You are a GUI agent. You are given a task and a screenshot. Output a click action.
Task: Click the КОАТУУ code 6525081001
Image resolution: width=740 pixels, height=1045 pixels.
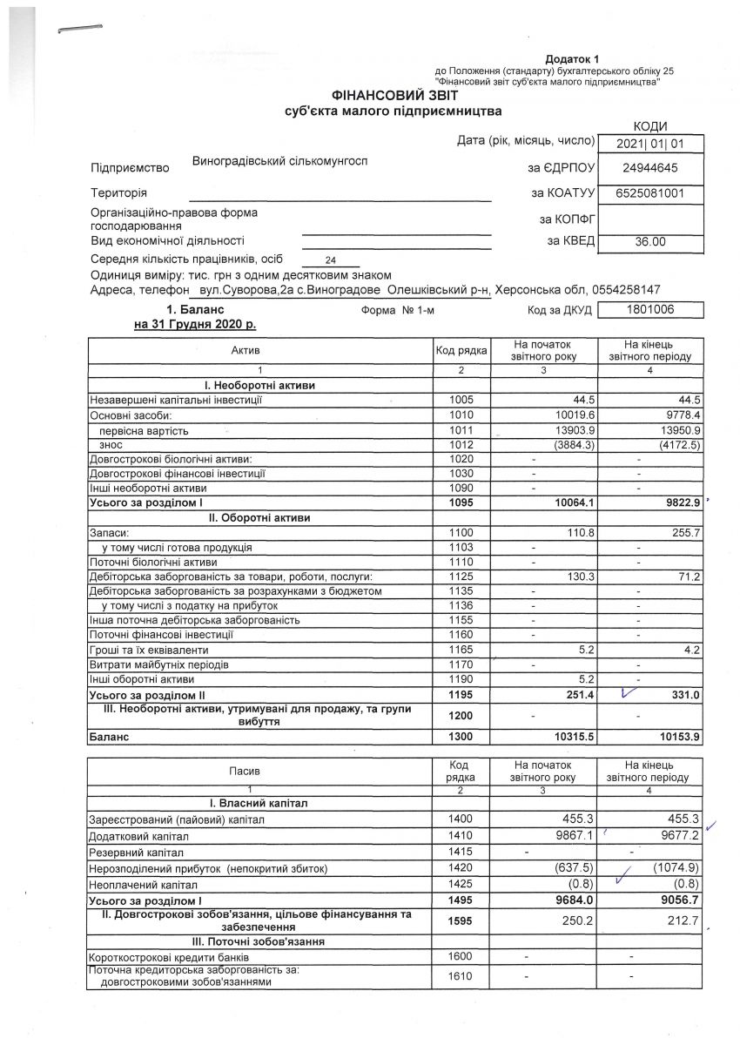pos(651,192)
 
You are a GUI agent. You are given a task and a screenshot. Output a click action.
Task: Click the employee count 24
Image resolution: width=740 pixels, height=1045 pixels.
pos(330,260)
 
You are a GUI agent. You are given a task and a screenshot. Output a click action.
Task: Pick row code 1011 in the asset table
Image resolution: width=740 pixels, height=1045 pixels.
pos(461,429)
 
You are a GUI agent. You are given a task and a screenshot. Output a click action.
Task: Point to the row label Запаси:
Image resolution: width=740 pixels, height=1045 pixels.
pos(109,532)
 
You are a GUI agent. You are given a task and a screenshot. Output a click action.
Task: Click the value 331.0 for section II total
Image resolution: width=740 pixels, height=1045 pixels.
pos(682,694)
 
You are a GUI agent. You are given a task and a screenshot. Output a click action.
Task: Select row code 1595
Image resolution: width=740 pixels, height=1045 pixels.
pos(461,920)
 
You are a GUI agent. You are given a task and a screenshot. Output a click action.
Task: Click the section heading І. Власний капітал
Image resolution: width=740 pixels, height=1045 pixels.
pos(261,801)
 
